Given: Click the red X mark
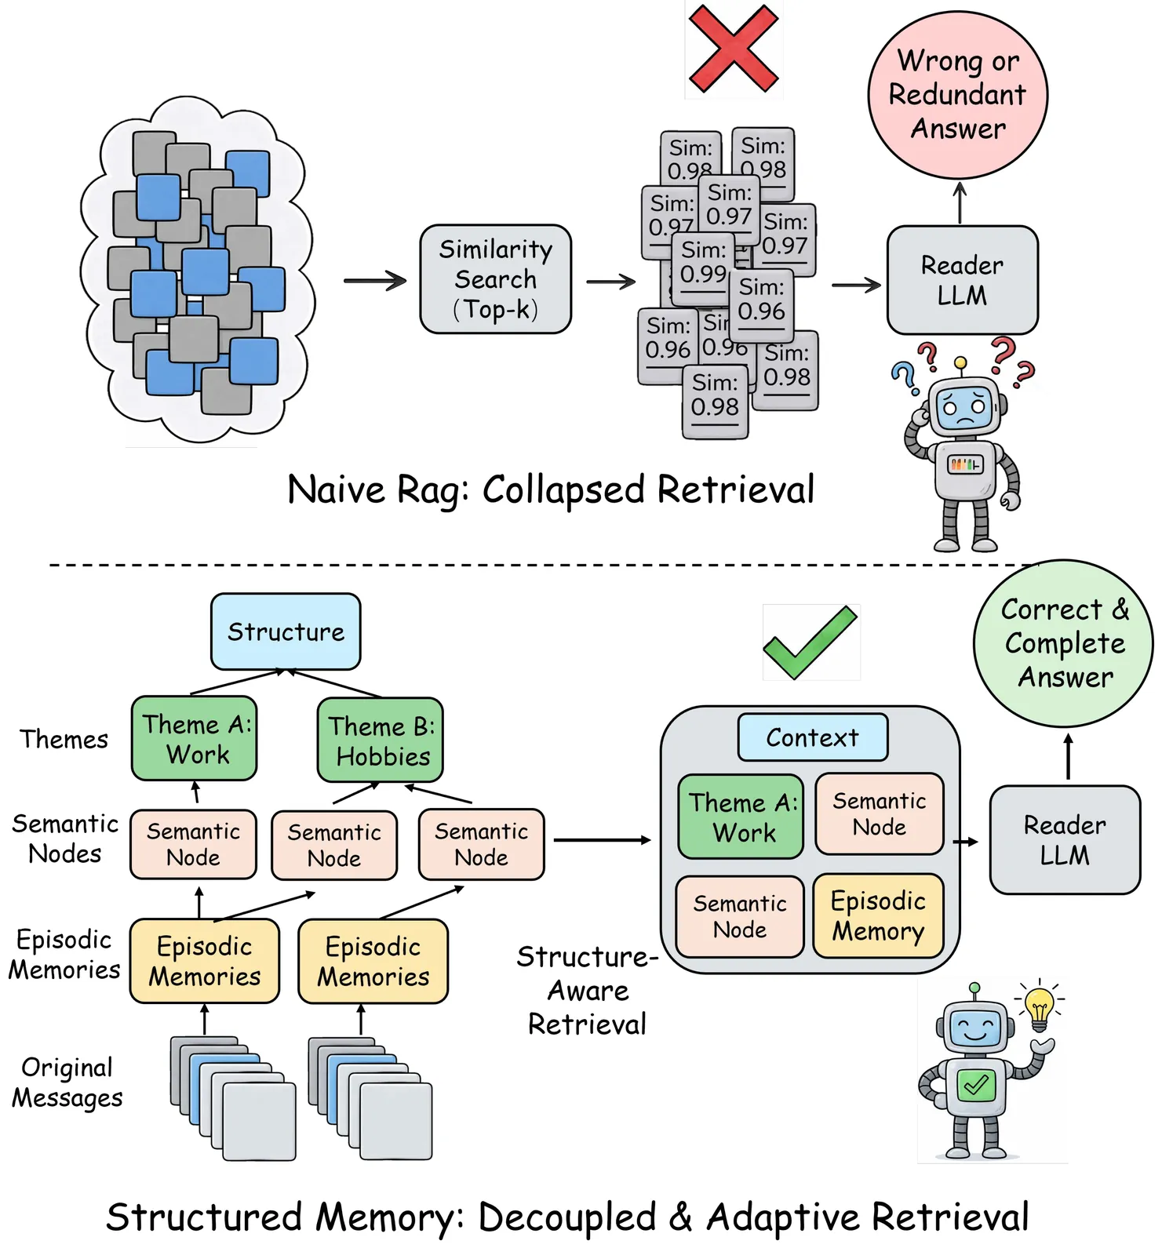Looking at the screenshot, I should click(734, 49).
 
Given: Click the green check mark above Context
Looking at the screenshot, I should click(810, 642).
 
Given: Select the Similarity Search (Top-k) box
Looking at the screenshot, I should click(496, 279).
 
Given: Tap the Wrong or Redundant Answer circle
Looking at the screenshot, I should click(957, 95).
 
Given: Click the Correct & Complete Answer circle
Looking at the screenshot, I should click(1064, 643).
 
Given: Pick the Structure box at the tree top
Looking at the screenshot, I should click(286, 631).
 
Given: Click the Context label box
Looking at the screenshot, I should click(813, 737).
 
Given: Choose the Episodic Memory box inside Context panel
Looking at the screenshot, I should click(878, 916).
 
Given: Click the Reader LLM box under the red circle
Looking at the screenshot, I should click(962, 280).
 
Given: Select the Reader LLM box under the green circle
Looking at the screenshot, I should click(1065, 840).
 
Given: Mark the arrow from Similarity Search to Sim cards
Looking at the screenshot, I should click(610, 282).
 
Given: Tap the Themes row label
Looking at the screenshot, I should click(64, 739).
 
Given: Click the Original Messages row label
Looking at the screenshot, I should click(67, 1082).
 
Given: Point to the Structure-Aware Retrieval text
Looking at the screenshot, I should click(588, 990).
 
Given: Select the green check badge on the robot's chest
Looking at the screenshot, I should click(976, 1086).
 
